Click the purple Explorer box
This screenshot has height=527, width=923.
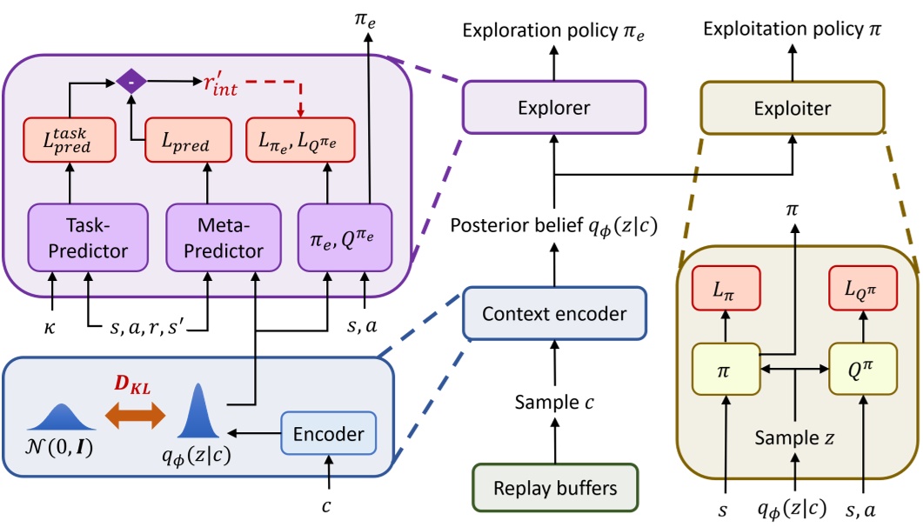[552, 109]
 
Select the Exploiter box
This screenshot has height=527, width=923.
[792, 109]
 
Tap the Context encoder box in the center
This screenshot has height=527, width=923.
[552, 312]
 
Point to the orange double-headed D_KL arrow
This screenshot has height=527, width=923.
[135, 416]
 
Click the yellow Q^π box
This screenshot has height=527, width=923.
[863, 368]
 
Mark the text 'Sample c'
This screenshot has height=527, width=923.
[552, 403]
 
